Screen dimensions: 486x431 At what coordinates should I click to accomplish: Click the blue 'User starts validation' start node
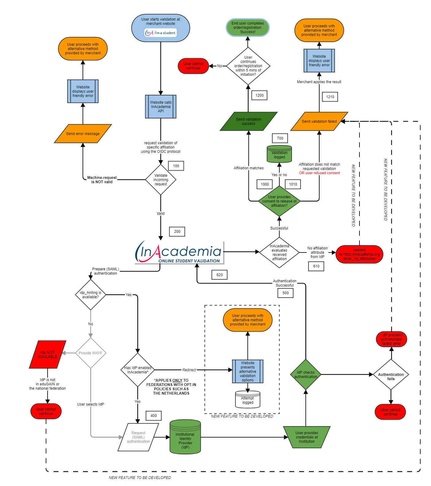pyautogui.click(x=161, y=28)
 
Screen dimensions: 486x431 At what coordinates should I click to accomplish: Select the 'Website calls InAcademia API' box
pyautogui.click(x=161, y=106)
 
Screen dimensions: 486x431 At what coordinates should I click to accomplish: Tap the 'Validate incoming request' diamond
pyautogui.click(x=161, y=180)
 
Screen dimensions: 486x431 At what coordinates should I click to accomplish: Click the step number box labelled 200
pyautogui.click(x=177, y=232)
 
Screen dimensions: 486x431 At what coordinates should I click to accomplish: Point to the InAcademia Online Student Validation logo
pyautogui.click(x=180, y=253)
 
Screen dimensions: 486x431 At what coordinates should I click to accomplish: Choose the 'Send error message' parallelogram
pyautogui.click(x=83, y=134)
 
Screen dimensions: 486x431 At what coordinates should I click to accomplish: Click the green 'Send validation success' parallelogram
pyautogui.click(x=248, y=121)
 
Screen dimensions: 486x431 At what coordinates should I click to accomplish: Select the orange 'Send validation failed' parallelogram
pyautogui.click(x=319, y=121)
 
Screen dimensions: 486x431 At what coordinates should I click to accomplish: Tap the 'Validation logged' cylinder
pyautogui.click(x=279, y=154)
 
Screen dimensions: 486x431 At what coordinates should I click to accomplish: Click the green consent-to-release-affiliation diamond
pyautogui.click(x=279, y=201)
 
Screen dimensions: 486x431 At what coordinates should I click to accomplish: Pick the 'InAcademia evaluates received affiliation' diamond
pyautogui.click(x=279, y=253)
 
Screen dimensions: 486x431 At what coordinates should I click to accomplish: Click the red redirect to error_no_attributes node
pyautogui.click(x=359, y=254)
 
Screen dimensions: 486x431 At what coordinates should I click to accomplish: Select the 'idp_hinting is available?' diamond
pyautogui.click(x=91, y=295)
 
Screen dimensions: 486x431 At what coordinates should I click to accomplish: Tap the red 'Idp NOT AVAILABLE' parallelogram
pyautogui.click(x=48, y=355)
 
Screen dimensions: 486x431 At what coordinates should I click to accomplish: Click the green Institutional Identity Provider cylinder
pyautogui.click(x=185, y=437)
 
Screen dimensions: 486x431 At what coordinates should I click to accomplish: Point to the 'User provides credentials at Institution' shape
pyautogui.click(x=307, y=437)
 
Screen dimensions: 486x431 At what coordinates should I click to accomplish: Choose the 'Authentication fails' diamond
pyautogui.click(x=391, y=375)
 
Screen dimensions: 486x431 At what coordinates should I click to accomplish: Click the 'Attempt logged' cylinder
pyautogui.click(x=248, y=400)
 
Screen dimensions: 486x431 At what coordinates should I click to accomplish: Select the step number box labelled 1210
pyautogui.click(x=330, y=97)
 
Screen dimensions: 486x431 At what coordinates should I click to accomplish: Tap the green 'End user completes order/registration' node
pyautogui.click(x=248, y=28)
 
